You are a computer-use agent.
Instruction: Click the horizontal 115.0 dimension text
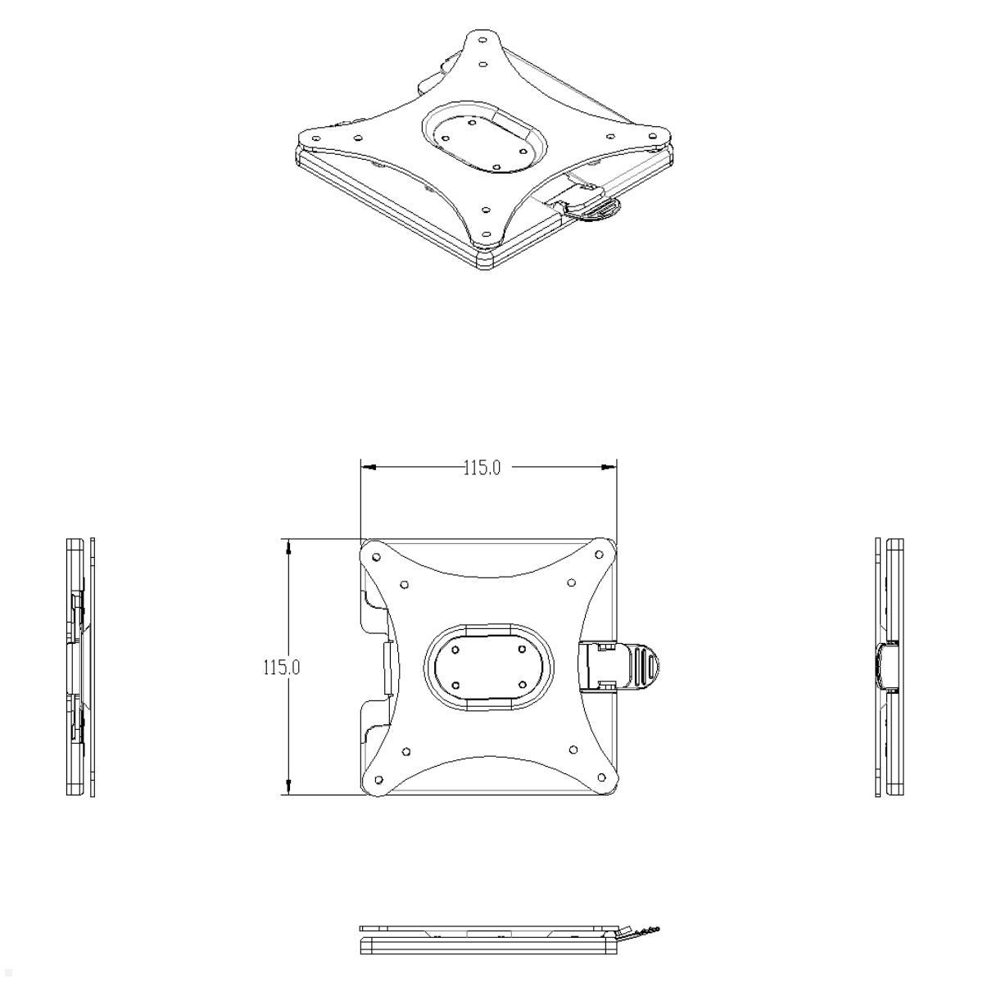tap(482, 468)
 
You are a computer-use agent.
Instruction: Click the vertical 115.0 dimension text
tap(281, 667)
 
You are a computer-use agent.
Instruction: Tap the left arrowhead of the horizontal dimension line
tap(368, 467)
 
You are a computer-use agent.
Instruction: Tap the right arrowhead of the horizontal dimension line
tap(609, 467)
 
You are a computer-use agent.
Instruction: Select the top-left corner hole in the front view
tap(376, 557)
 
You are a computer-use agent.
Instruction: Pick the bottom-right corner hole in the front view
tap(601, 778)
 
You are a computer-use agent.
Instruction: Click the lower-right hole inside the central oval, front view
tap(521, 683)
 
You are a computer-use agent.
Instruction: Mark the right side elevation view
tap(890, 667)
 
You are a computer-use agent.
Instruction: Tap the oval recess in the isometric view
tap(483, 139)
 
